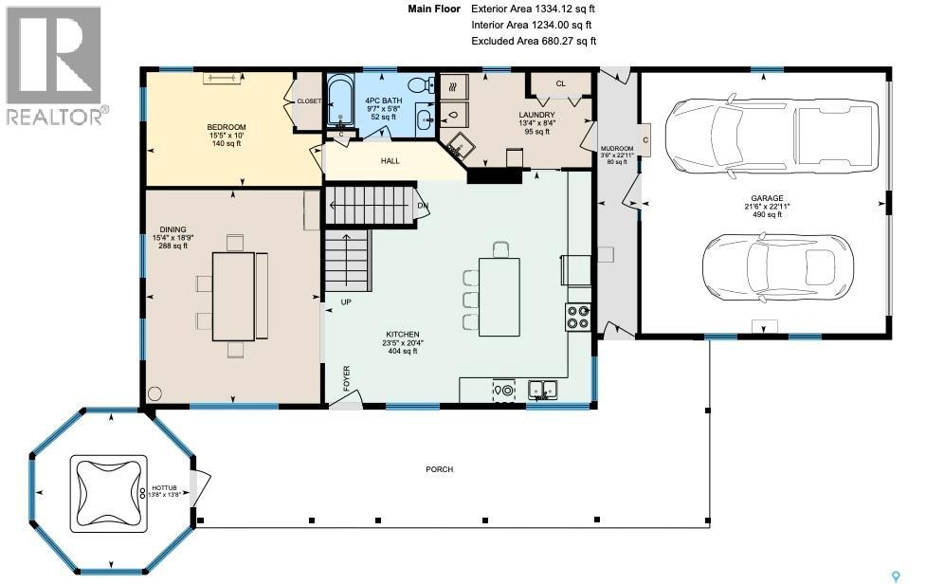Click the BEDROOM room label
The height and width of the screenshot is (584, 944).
(x=227, y=128)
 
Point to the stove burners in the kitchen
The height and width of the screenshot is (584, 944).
(x=578, y=317)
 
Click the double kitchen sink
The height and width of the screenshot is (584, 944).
(x=542, y=389)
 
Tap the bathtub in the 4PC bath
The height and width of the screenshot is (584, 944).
(x=338, y=102)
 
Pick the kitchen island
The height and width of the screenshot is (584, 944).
(x=499, y=296)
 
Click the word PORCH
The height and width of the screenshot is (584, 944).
(x=439, y=469)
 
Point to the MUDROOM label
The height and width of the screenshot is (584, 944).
(x=617, y=149)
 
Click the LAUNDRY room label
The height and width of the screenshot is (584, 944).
(x=536, y=115)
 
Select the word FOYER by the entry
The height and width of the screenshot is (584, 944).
(x=347, y=378)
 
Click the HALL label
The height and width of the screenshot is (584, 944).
(x=390, y=161)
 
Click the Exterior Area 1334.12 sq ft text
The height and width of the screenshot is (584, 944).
(x=533, y=9)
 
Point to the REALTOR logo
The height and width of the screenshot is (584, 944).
(x=55, y=66)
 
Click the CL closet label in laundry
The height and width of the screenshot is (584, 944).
(x=560, y=83)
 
